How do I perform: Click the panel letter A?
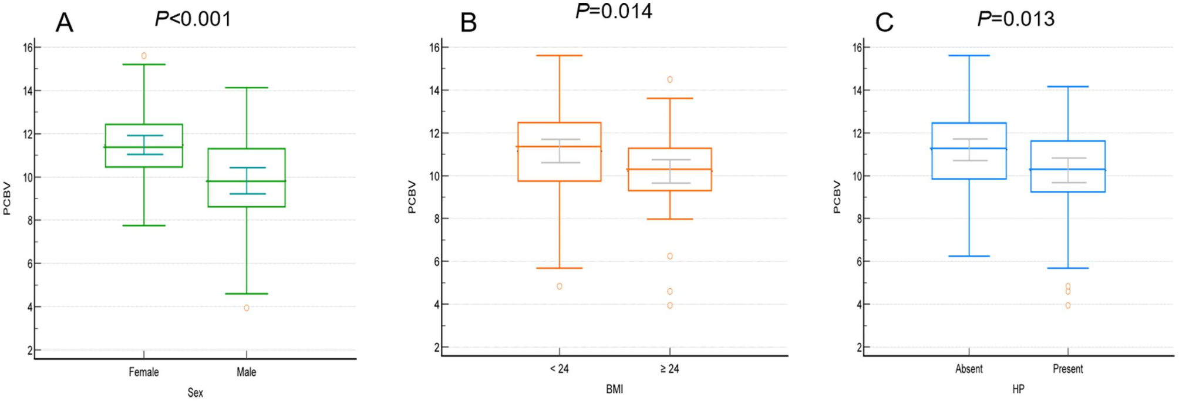(x=64, y=23)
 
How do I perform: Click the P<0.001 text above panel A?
(x=193, y=19)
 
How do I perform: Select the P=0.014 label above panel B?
(x=614, y=11)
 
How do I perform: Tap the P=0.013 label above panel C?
(x=1016, y=19)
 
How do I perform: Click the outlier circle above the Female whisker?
(x=144, y=56)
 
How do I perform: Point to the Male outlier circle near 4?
(x=247, y=308)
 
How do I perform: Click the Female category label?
(x=144, y=372)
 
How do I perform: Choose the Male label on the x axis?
(x=246, y=372)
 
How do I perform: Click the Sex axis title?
(x=195, y=392)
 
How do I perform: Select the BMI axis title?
(x=614, y=389)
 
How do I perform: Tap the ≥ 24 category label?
(x=669, y=369)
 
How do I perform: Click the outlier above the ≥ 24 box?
(x=670, y=79)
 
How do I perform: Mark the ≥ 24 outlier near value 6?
(x=670, y=256)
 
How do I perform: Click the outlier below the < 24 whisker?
(x=560, y=286)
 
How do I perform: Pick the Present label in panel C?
(x=1067, y=369)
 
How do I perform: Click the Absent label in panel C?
(x=969, y=369)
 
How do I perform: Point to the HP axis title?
(x=1018, y=389)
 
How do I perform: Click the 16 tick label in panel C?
(x=857, y=48)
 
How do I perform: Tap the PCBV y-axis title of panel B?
(x=412, y=197)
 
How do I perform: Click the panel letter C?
(x=884, y=23)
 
